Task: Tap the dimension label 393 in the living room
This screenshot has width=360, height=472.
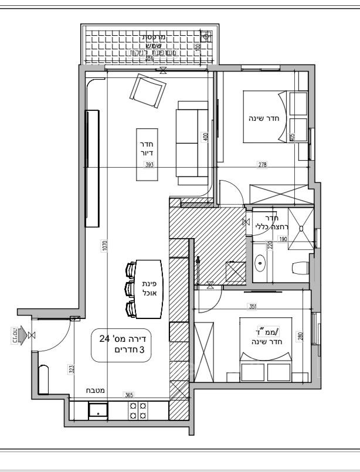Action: (x=150, y=165)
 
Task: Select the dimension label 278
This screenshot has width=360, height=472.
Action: (x=262, y=165)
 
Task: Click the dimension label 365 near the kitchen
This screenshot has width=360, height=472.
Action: (x=128, y=395)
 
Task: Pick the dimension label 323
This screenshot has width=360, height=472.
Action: (x=71, y=369)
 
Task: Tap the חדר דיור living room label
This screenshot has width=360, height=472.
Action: (x=146, y=148)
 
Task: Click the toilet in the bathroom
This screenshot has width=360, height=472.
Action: (x=300, y=268)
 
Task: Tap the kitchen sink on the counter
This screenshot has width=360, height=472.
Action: (x=98, y=410)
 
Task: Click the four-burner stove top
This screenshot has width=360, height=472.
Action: (x=138, y=410)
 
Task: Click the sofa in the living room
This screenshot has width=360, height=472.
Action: (x=192, y=142)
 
